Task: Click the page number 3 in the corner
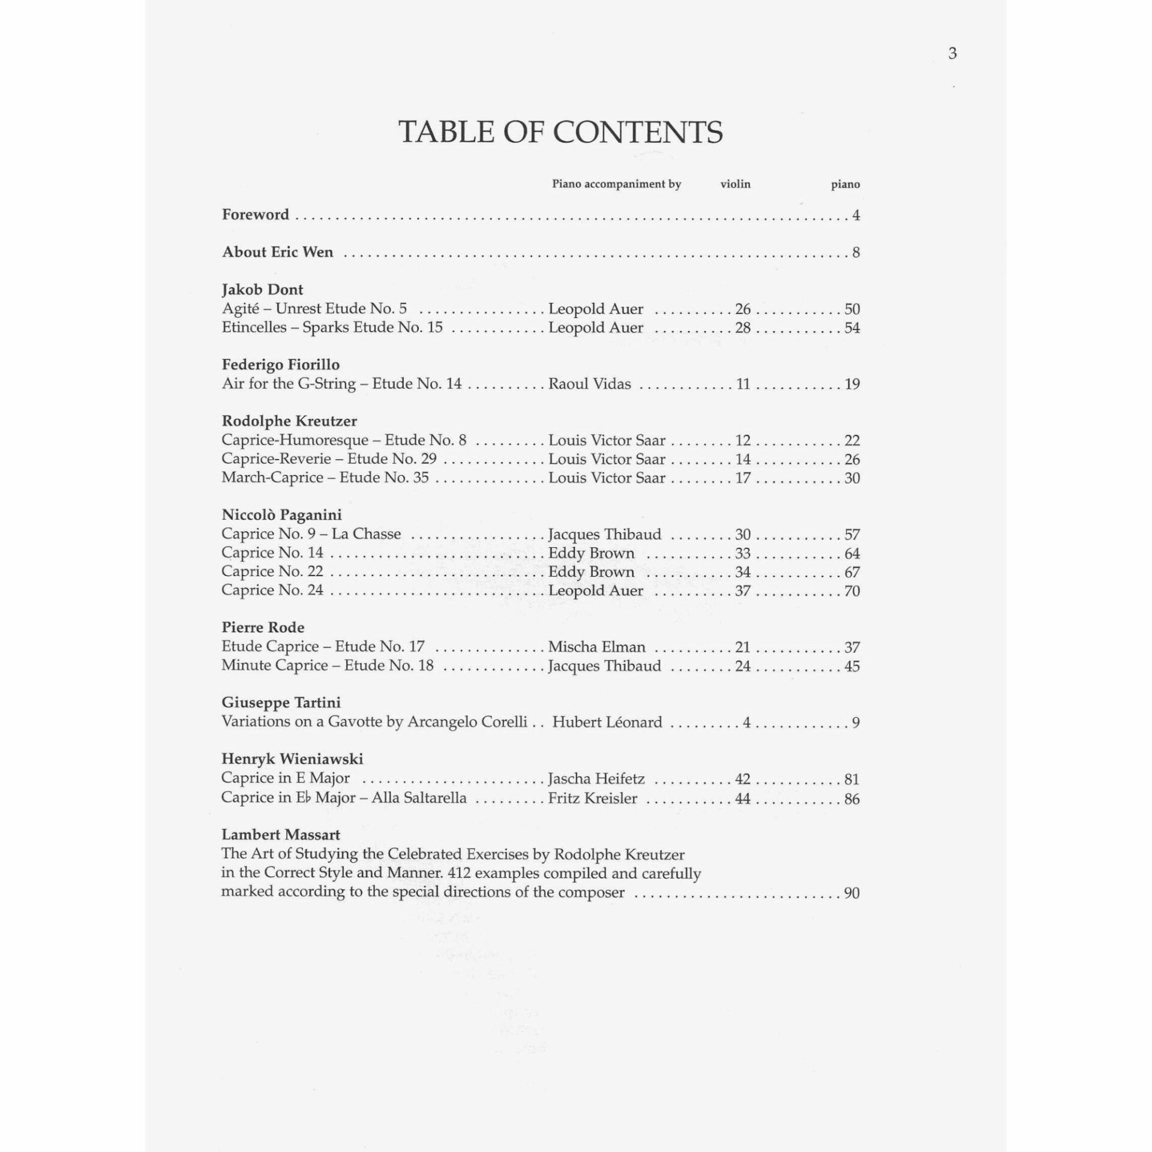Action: [952, 54]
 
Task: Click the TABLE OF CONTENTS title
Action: [560, 132]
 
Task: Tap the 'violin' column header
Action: [735, 184]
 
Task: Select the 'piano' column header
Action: [845, 184]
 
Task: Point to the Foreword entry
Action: [256, 215]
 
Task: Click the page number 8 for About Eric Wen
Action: [856, 253]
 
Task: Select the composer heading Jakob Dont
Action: [262, 290]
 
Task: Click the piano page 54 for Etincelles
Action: [852, 328]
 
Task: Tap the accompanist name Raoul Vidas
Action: [589, 384]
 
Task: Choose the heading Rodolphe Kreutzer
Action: [289, 421]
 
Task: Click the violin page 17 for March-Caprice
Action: [743, 478]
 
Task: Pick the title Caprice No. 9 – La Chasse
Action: [311, 534]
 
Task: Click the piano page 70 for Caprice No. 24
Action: [852, 591]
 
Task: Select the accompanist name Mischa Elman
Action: [597, 647]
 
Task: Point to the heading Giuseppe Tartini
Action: [281, 703]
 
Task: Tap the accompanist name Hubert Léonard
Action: [607, 722]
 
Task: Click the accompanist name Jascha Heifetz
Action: [596, 779]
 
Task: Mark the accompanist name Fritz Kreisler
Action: [592, 798]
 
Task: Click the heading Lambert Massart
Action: [280, 835]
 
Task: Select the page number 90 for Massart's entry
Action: [852, 893]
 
